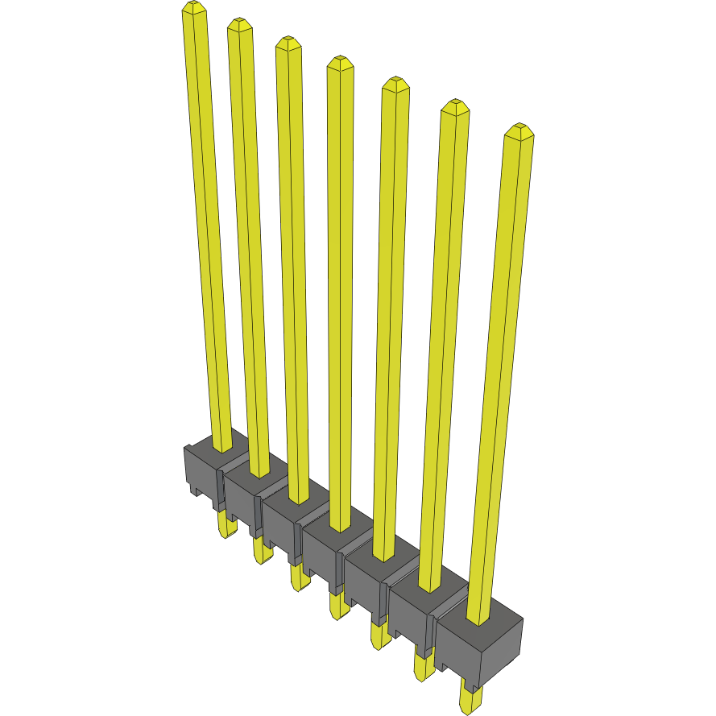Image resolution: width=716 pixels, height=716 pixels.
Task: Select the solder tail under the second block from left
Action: coord(261,551)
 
